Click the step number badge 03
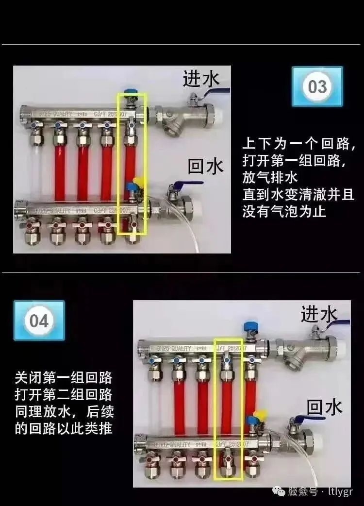coord(317,86)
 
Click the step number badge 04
coord(39,320)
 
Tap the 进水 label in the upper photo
coord(201,79)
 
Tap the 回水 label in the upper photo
coord(206,167)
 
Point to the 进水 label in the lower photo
coord(319,314)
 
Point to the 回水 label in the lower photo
coord(325,406)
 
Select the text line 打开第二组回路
coord(64,394)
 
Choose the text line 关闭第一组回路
coord(64,377)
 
